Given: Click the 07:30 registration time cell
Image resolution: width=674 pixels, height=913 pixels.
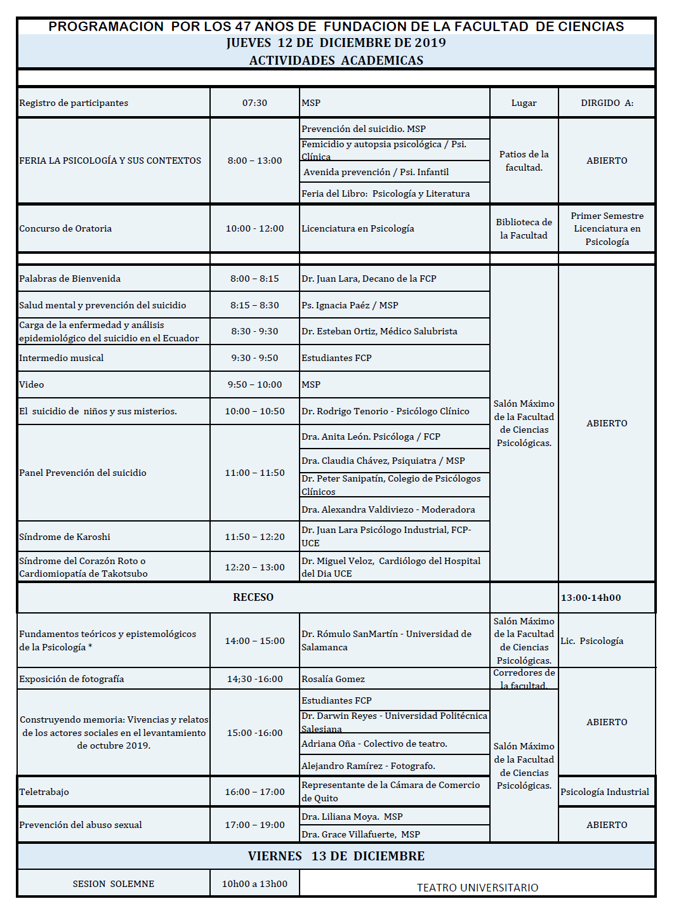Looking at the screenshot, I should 254,103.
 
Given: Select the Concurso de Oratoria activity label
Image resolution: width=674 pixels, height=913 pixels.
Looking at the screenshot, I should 65,228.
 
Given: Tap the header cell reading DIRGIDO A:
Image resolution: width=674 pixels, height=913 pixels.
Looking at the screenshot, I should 607,103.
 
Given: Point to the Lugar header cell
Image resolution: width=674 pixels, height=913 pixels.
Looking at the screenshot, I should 524,103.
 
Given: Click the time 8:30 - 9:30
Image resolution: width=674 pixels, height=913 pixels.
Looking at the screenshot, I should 254,331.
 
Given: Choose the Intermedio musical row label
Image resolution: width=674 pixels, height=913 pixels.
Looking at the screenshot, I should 62,358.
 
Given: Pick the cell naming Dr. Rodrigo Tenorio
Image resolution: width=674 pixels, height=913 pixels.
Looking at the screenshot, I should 385,411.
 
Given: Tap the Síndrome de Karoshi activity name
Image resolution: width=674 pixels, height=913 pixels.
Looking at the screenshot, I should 65,537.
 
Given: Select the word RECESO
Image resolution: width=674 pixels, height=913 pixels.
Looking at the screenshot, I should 253,597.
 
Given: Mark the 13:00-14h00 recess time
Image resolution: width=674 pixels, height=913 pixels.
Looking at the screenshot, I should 591,598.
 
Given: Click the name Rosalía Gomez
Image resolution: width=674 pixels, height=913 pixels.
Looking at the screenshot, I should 333,679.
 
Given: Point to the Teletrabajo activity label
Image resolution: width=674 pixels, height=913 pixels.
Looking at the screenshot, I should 44,792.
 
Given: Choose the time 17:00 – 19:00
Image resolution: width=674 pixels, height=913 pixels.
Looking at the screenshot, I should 254,825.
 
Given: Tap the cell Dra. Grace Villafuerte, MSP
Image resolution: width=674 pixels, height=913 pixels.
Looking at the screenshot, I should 360,834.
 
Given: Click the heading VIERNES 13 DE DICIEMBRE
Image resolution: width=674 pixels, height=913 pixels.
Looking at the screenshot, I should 336,856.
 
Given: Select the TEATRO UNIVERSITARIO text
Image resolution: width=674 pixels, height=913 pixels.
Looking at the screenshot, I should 477,888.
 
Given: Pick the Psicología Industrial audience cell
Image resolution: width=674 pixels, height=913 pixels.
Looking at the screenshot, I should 605,792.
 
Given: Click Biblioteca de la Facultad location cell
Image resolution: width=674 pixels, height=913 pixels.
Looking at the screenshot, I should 524,228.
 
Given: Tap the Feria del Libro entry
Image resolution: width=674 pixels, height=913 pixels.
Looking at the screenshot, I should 385,194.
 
